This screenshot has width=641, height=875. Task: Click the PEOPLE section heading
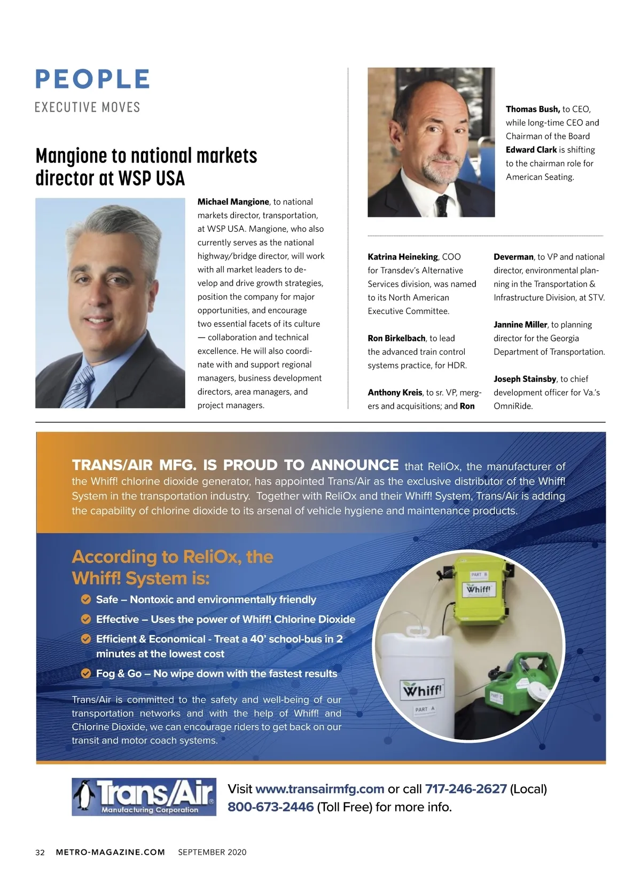coord(92,79)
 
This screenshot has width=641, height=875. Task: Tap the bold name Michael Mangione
coord(233,202)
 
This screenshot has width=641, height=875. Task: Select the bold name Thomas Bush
coord(533,109)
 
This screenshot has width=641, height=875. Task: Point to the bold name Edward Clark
coord(531,150)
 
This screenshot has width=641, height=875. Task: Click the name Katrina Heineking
coord(403,257)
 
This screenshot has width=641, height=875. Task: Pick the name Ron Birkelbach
coord(396,338)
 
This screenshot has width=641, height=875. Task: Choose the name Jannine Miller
coord(520,325)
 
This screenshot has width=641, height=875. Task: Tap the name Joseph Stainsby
coord(525,379)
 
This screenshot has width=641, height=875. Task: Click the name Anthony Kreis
coord(395,393)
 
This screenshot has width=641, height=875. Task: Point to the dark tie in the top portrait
coord(441,206)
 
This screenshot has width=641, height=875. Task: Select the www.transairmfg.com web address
coord(320,789)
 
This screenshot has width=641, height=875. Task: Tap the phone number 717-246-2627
coord(466,789)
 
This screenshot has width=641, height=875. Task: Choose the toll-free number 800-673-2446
coord(270,807)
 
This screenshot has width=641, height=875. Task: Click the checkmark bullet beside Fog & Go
coord(85,674)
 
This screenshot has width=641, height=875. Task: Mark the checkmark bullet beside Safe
coord(85,599)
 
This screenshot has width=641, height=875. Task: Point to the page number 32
coord(40,853)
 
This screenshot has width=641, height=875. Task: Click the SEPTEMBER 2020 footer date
coord(212,853)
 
